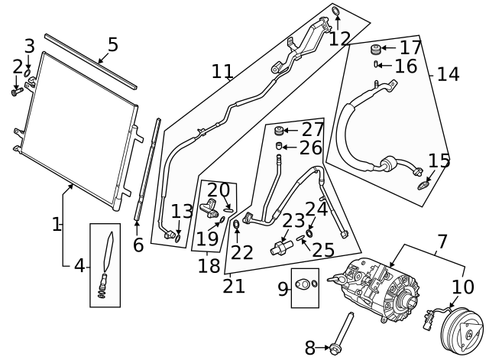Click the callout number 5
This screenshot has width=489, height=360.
point(112,44)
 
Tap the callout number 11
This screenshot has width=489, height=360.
point(222,72)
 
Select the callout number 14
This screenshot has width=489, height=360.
point(448,74)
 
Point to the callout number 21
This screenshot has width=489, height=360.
point(234,286)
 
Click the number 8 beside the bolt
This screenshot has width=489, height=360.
point(309,349)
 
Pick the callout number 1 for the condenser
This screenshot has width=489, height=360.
point(57,224)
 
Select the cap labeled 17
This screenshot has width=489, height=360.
point(376,50)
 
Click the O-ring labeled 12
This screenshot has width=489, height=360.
point(336,11)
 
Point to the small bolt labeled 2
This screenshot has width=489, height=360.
point(16,92)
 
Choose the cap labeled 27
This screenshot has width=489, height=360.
point(280,131)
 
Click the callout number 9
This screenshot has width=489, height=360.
point(283,288)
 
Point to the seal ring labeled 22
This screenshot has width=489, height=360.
point(237,225)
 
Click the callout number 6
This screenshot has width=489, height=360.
point(138,245)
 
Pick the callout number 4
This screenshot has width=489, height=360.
point(79,267)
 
